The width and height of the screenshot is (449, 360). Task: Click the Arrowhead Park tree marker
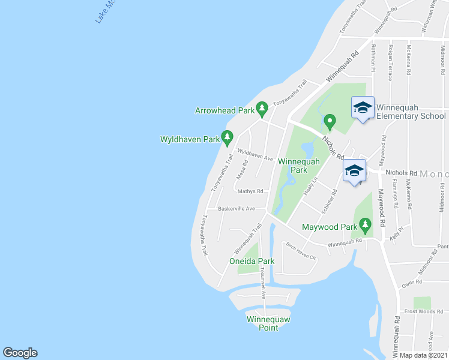(262, 109)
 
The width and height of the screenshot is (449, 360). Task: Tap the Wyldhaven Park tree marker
(227, 138)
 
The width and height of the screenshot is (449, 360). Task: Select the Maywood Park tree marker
(365, 226)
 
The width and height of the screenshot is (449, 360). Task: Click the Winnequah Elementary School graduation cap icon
(362, 107)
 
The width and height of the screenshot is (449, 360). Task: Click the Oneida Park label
(252, 261)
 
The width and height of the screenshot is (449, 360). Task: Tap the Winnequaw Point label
(268, 323)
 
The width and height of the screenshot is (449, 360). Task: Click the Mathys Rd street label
(250, 191)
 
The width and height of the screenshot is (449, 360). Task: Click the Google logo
(20, 353)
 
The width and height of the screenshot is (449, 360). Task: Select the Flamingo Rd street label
(395, 193)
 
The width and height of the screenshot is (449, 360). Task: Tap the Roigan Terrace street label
(391, 58)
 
